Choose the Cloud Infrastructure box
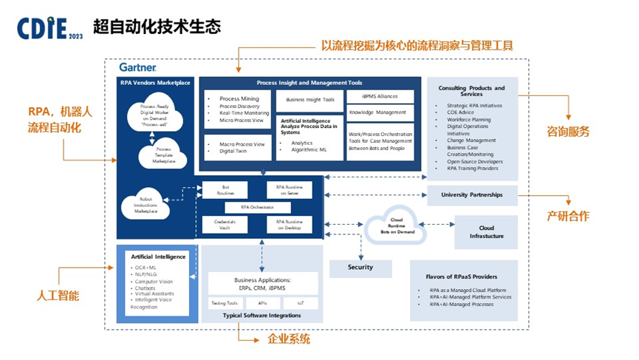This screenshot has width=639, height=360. tap(486, 231)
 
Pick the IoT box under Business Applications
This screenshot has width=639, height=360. tap(301, 303)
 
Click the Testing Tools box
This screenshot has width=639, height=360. tap(223, 303)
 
